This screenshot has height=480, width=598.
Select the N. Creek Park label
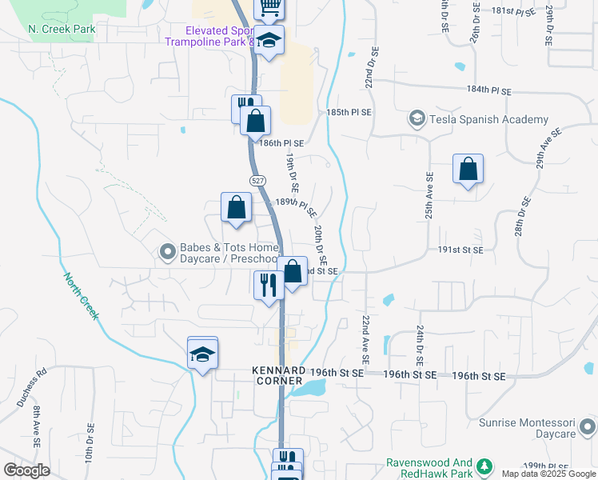tap(62, 30)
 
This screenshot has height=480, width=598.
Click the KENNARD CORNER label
tap(279, 376)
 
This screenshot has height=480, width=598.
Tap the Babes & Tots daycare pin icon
tap(167, 253)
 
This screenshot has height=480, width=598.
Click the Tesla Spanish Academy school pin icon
tap(417, 119)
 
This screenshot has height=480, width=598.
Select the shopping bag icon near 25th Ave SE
tap(468, 170)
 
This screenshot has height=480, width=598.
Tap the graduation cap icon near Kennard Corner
tap(203, 354)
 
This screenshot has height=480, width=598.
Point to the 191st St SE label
tap(460, 250)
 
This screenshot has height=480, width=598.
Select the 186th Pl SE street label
tap(281, 142)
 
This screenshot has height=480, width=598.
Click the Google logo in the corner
tap(27, 470)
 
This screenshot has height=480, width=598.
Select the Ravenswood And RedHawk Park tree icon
tap(484, 466)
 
